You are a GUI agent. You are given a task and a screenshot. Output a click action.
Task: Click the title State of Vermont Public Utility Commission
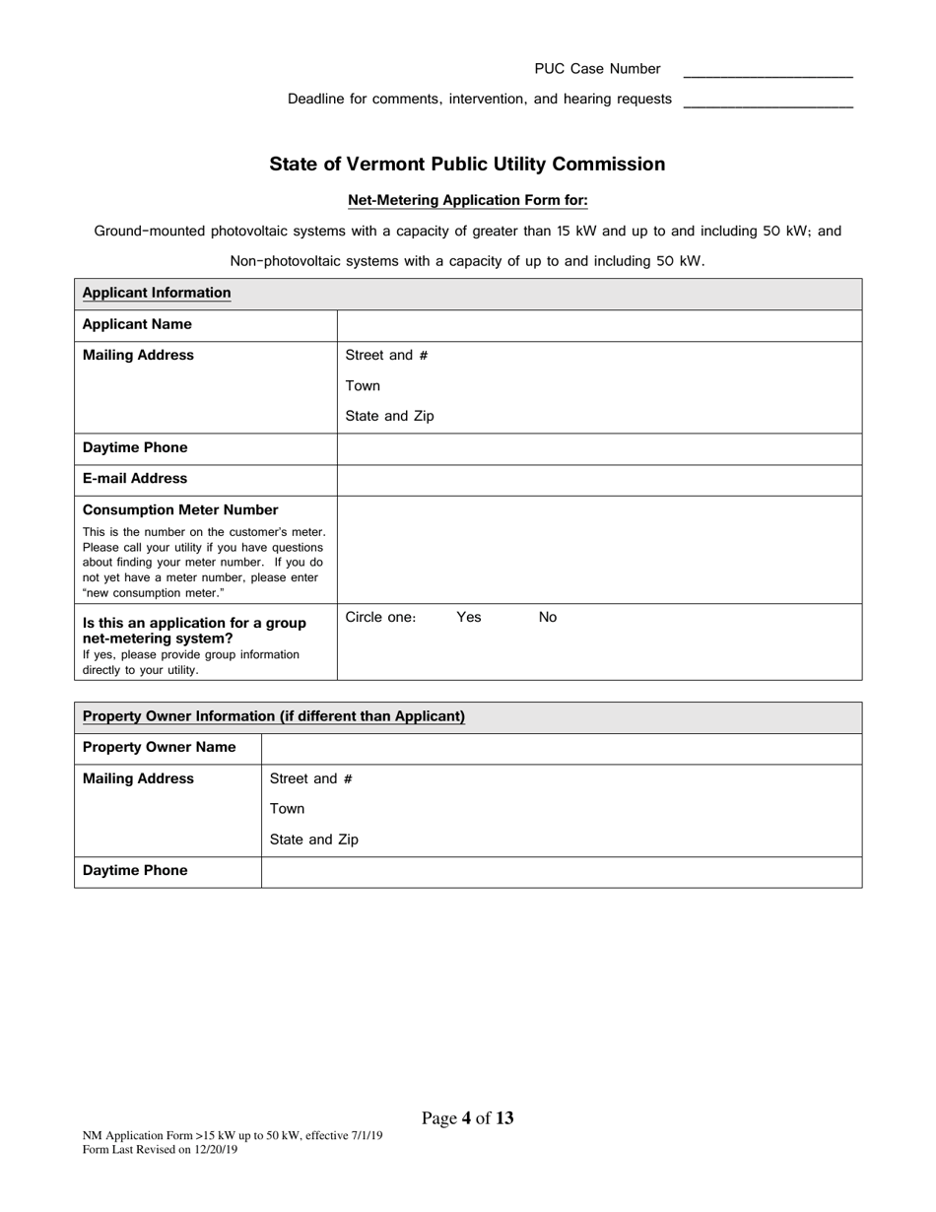click(467, 165)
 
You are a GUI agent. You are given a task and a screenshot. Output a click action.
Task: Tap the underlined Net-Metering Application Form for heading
click(468, 201)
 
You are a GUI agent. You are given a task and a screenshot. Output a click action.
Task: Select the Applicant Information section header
click(157, 293)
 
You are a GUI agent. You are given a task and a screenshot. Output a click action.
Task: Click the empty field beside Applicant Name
click(599, 325)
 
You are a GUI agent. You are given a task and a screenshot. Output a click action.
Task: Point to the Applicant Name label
click(137, 324)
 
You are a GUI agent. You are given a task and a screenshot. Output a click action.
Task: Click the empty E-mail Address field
click(599, 480)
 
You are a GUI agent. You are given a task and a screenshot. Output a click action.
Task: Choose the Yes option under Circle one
click(469, 617)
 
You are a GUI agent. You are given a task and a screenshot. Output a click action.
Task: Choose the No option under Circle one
click(548, 617)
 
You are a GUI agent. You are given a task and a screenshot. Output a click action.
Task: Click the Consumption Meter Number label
click(180, 510)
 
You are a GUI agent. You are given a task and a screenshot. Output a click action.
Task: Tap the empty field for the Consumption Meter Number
click(599, 549)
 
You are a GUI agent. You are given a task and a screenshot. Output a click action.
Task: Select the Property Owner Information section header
click(274, 716)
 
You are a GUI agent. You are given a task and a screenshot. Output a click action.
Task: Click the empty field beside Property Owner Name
click(562, 748)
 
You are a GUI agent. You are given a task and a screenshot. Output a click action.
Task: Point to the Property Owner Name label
click(160, 747)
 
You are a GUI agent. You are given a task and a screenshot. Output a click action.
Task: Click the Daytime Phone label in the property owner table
click(135, 871)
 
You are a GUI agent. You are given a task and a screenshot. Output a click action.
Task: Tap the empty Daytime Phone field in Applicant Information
click(599, 448)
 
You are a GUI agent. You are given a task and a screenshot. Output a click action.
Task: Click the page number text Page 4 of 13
click(468, 1117)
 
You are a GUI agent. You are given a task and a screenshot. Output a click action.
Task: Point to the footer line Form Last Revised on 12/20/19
click(161, 1149)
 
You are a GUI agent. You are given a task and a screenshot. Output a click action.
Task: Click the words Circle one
click(380, 617)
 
